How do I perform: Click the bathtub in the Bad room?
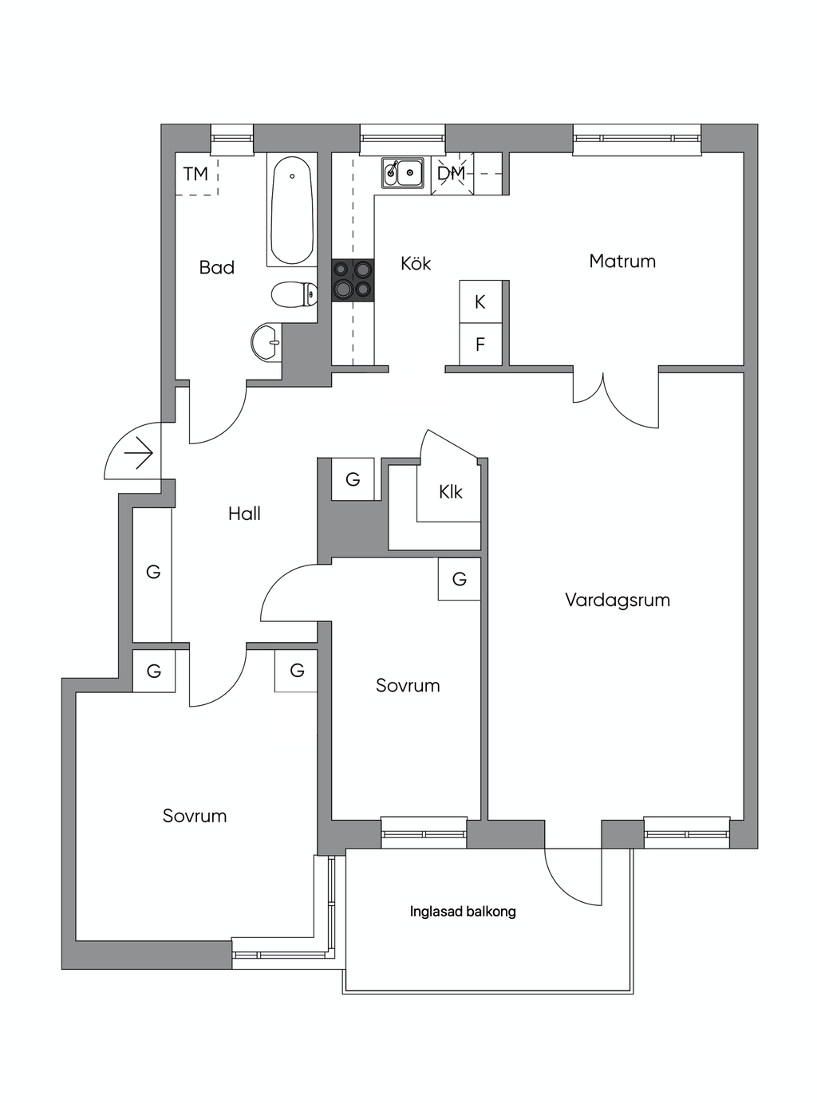point(292,209)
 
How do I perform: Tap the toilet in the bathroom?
point(294,294)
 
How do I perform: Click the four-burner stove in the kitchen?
point(353,280)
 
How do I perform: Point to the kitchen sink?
point(403,172)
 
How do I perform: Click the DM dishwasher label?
point(451,173)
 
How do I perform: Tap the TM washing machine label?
point(195,174)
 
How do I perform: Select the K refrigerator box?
point(480,301)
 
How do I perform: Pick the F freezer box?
point(480,345)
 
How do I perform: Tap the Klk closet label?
point(451,492)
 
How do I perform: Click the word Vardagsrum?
point(618,600)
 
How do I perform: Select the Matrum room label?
point(622,261)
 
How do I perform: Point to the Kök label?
point(416,263)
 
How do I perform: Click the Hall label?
point(244,514)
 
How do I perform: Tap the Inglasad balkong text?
point(463,912)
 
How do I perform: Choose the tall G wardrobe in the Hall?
point(152,573)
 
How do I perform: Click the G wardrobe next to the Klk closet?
point(353,479)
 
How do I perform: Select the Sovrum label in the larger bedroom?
point(195,816)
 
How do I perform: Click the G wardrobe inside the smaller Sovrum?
point(460,579)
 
